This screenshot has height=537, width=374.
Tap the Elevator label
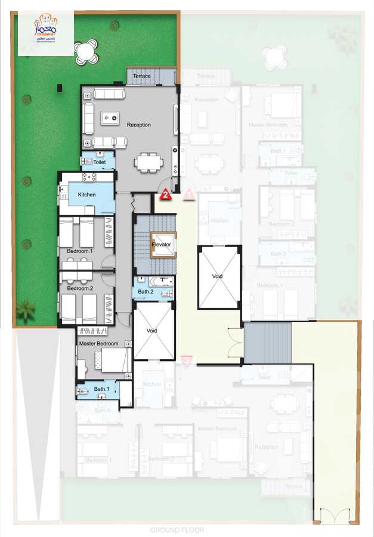coord(161,245)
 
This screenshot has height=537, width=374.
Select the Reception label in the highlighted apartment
coord(138,125)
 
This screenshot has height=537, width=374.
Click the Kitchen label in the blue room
coord(86,195)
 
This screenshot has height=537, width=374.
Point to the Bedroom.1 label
coord(80,251)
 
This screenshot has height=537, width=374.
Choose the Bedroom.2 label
coord(80,288)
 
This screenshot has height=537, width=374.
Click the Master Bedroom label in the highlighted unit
coord(98,343)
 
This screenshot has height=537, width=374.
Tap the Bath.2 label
coord(146,292)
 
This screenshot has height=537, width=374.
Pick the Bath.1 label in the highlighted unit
coord(102,389)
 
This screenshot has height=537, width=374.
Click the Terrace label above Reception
coord(141,76)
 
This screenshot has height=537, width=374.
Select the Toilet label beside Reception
coord(99,162)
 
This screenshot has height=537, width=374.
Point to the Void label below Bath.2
coord(153,330)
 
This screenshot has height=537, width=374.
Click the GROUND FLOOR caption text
coord(177,530)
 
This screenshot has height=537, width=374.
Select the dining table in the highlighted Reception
coord(147,162)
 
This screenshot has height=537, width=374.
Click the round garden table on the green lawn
coord(86,51)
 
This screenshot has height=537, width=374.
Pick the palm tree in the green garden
coord(25,309)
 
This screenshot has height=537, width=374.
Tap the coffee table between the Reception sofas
coord(109,118)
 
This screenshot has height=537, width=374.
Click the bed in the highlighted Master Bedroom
coord(114,359)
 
